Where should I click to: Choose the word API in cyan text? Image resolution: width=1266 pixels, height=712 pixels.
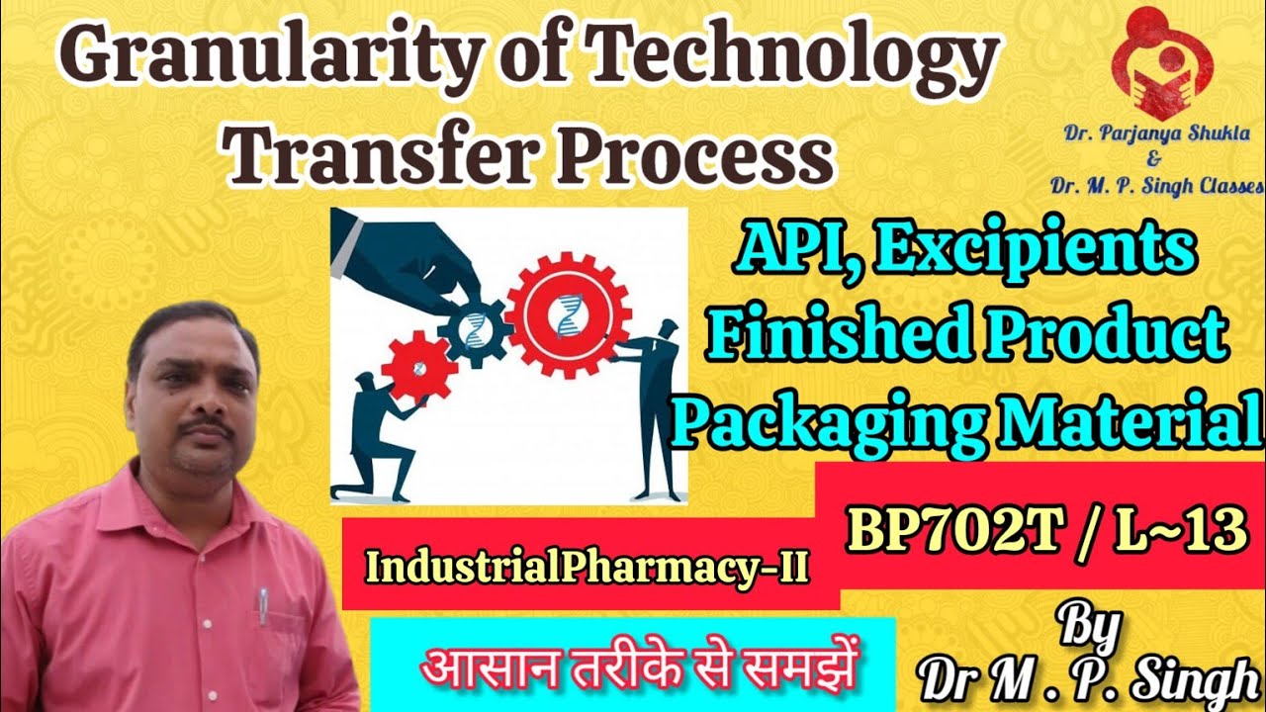[x=777, y=251]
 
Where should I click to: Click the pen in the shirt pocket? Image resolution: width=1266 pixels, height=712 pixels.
[x=262, y=605]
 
